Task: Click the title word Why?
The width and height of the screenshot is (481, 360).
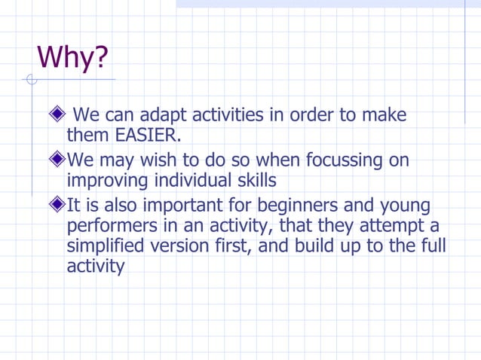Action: click(73, 57)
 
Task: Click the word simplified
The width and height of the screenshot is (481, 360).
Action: click(110, 246)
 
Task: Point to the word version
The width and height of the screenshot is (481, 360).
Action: click(188, 246)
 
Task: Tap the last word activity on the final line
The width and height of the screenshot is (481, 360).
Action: click(95, 267)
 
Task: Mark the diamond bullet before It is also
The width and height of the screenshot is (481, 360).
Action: click(57, 204)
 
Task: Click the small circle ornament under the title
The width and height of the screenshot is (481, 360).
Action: click(31, 80)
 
